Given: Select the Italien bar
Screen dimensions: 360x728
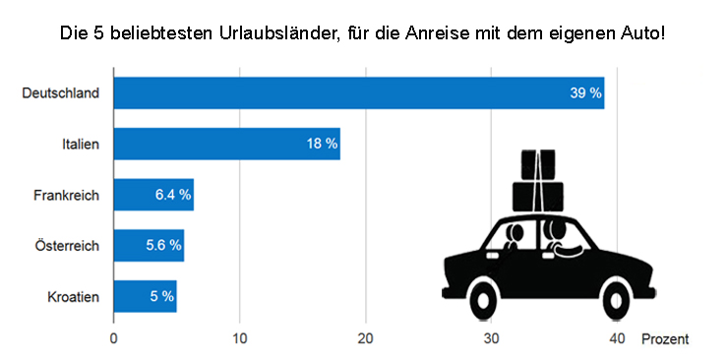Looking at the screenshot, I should [x=226, y=144].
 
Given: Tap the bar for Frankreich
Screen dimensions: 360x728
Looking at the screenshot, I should [x=152, y=195].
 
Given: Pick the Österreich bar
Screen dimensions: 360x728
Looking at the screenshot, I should [x=148, y=245].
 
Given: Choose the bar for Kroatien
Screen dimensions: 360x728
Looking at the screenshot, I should [x=145, y=295].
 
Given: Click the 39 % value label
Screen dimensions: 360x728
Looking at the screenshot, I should [x=584, y=92].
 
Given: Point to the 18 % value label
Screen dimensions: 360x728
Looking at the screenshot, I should [x=322, y=144].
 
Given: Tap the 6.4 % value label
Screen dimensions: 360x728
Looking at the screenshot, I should [x=173, y=195].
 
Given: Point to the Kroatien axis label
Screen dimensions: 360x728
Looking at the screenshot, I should [x=73, y=295].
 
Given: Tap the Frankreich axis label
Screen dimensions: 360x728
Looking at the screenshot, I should [x=66, y=195].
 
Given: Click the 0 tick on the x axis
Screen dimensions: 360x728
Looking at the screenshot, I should [x=114, y=338].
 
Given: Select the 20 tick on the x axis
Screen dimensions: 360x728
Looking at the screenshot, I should [x=366, y=338].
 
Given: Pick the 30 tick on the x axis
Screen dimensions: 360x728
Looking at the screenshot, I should [x=492, y=338].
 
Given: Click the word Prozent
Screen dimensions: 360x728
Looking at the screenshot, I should [x=665, y=338].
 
